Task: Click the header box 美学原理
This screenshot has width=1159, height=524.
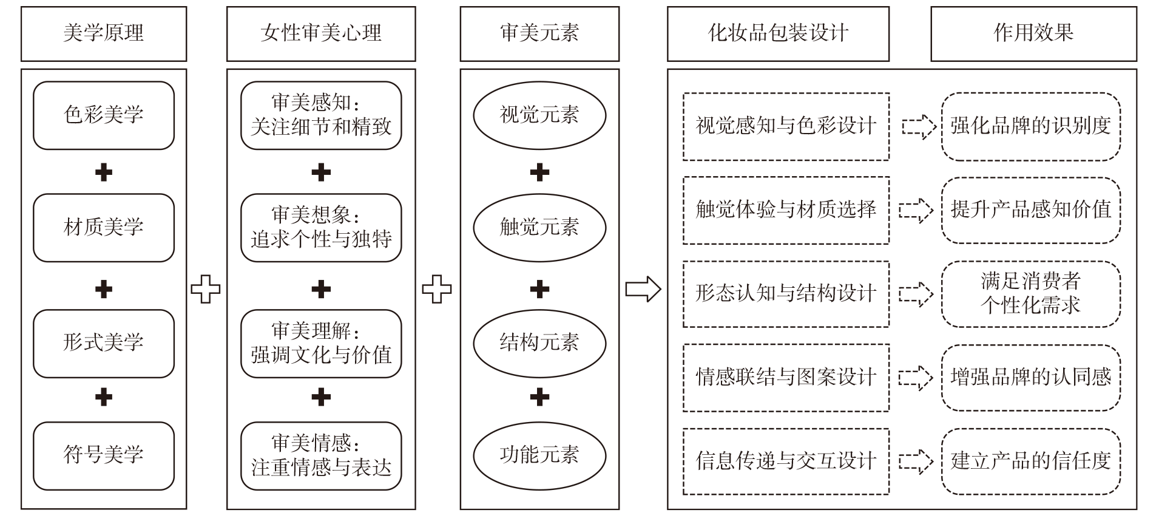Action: pyautogui.click(x=104, y=33)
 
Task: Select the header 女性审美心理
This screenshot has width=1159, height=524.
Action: pyautogui.click(x=321, y=33)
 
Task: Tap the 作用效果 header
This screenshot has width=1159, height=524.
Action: pyautogui.click(x=1033, y=33)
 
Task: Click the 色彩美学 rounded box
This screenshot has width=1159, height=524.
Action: pyautogui.click(x=104, y=115)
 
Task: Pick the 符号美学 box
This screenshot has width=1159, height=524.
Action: pyautogui.click(x=104, y=455)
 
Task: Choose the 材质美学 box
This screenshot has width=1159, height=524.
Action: pyautogui.click(x=104, y=228)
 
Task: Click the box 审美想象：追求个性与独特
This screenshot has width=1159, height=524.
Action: pyautogui.click(x=321, y=228)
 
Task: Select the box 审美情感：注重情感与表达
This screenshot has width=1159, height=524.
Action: pyautogui.click(x=321, y=455)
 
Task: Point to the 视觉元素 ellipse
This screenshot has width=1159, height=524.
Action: pyautogui.click(x=539, y=115)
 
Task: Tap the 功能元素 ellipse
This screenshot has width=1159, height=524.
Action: pyautogui.click(x=539, y=455)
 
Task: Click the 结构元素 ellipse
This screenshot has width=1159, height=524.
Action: pyautogui.click(x=539, y=343)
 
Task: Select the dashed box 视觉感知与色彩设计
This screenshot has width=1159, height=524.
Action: pyautogui.click(x=786, y=126)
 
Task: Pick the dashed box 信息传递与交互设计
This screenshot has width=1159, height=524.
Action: pyautogui.click(x=786, y=461)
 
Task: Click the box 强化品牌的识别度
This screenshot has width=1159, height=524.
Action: pyautogui.click(x=1030, y=126)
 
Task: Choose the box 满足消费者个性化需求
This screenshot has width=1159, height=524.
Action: pyautogui.click(x=1030, y=294)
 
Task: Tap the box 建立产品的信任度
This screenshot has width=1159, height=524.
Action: pyautogui.click(x=1030, y=461)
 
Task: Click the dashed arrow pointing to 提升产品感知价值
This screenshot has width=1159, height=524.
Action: pyautogui.click(x=916, y=210)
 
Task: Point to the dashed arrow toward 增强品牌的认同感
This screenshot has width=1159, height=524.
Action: pyautogui.click(x=916, y=378)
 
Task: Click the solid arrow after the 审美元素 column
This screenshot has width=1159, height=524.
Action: pyautogui.click(x=643, y=289)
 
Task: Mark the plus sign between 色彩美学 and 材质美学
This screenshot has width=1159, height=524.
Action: pyautogui.click(x=104, y=173)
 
